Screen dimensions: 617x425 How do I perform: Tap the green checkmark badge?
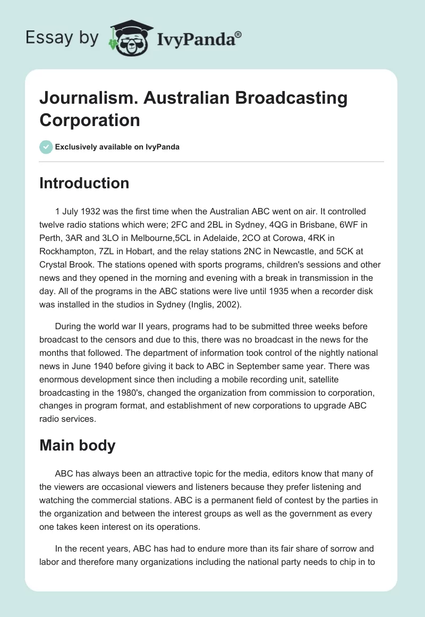pos(46,147)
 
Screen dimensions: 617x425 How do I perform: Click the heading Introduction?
pos(84,183)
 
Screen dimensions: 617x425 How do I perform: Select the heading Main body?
pos(77,445)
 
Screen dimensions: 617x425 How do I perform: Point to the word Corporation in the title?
pos(90,120)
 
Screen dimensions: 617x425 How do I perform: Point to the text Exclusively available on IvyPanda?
pos(117,147)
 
